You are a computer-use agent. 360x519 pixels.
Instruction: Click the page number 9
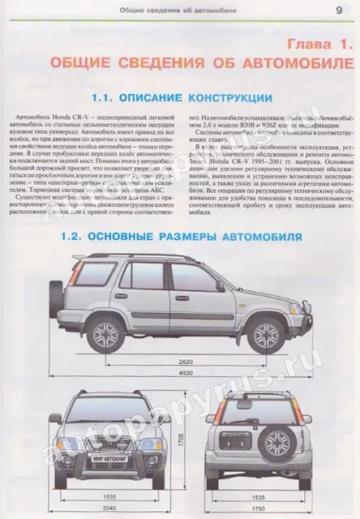[x=338, y=10]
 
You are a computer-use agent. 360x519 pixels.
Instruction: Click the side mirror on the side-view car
[x=220, y=285]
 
